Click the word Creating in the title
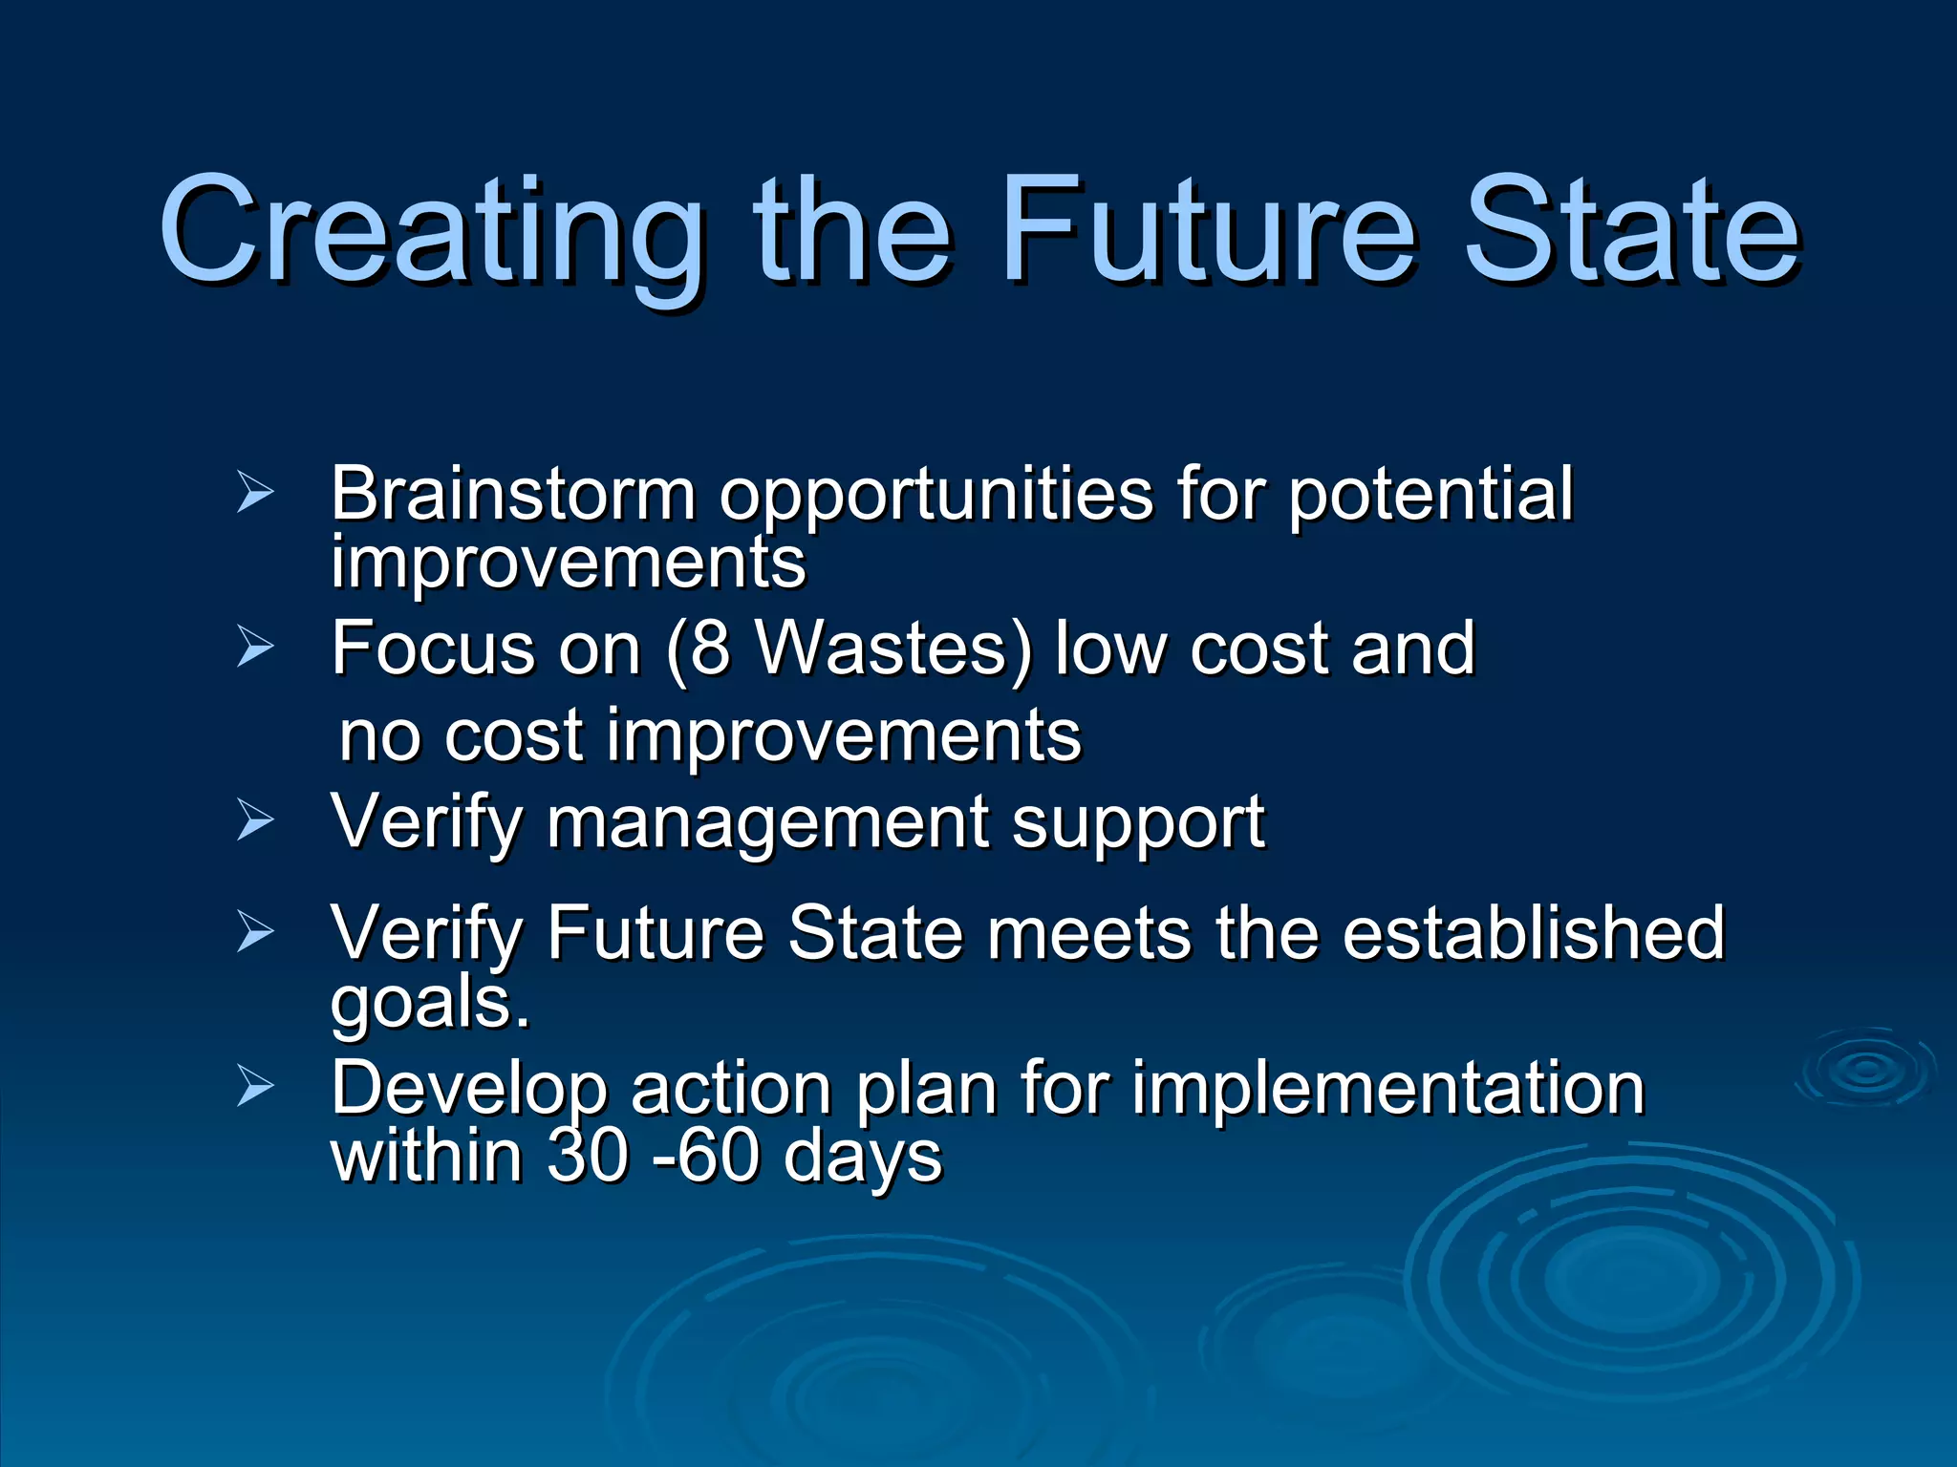[x=430, y=234]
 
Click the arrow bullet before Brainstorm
[x=255, y=494]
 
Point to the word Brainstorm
[x=513, y=494]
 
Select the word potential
[x=1430, y=495]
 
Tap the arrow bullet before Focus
[x=255, y=648]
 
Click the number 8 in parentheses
[x=709, y=649]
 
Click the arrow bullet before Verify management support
[x=255, y=821]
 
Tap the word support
[x=1138, y=824]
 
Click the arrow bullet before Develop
[x=255, y=1088]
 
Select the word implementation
[x=1387, y=1089]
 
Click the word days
[x=862, y=1159]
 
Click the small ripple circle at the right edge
[x=1866, y=1070]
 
